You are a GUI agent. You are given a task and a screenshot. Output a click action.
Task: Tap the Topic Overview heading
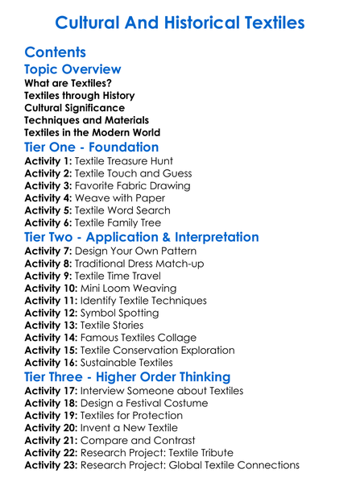pos(72,69)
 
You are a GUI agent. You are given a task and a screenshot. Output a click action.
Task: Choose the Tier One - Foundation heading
pos(91,147)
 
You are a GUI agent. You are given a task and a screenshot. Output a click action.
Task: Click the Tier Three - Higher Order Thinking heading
pos(139,377)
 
